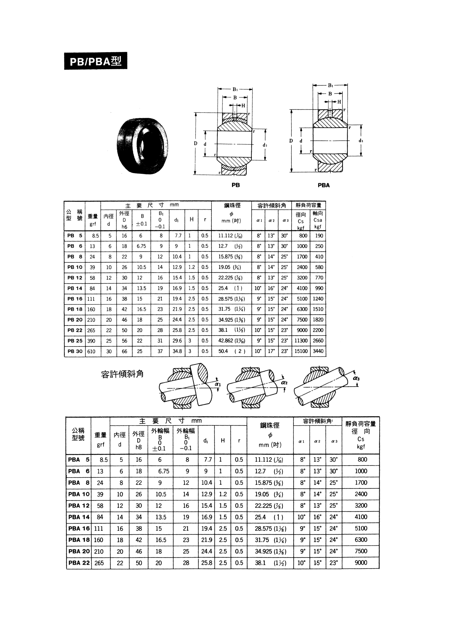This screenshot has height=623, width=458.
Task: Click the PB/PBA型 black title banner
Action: click(x=96, y=61)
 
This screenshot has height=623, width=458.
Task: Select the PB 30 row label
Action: click(x=75, y=351)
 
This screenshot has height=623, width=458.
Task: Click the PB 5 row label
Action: click(x=75, y=236)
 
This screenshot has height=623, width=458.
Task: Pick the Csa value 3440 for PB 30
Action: click(x=318, y=351)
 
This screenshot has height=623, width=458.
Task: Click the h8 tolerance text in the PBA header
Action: click(x=139, y=447)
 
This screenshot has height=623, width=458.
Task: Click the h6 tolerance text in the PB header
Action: click(x=124, y=226)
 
